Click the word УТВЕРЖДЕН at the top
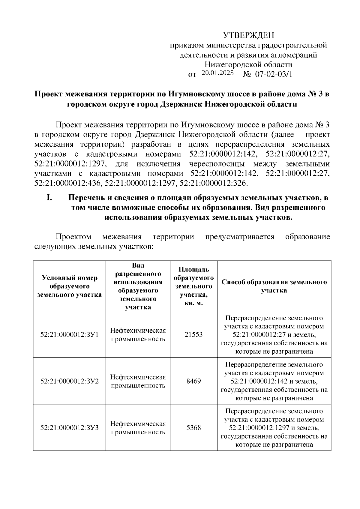pyautogui.click(x=249, y=36)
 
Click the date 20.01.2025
pyautogui.click(x=218, y=73)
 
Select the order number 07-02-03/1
pyautogui.click(x=274, y=74)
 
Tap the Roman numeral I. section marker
pyautogui.click(x=49, y=198)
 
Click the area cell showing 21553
pyautogui.click(x=193, y=334)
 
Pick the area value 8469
pyautogui.click(x=193, y=381)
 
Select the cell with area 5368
pyautogui.click(x=193, y=427)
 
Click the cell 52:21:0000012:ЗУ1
pyautogui.click(x=69, y=334)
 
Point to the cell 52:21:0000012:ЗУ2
pyautogui.click(x=69, y=381)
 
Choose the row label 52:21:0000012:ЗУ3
pyautogui.click(x=69, y=427)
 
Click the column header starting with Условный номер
pyautogui.click(x=69, y=286)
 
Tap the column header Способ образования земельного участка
pyautogui.click(x=274, y=286)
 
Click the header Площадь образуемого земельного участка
pyautogui.click(x=193, y=286)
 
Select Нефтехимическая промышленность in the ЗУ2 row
pyautogui.click(x=138, y=381)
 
